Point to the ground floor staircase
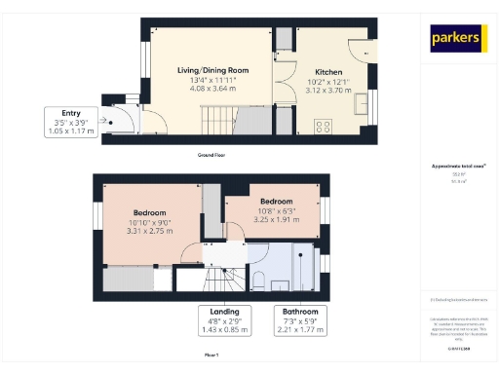(x=216, y=122)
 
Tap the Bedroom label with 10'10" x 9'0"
(x=150, y=213)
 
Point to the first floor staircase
(x=216, y=280)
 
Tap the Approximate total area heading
(x=457, y=168)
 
